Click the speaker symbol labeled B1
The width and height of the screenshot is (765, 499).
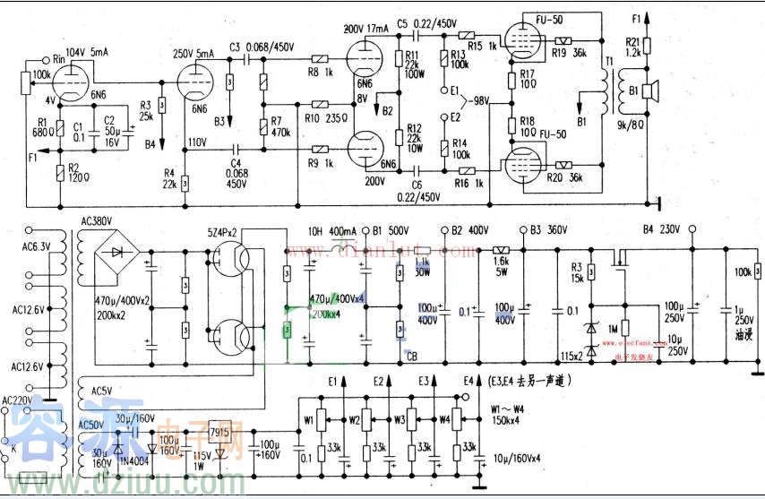point(651,90)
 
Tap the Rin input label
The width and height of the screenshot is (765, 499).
point(61,58)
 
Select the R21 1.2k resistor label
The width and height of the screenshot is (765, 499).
point(633,47)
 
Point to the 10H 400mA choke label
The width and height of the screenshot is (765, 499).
point(331,229)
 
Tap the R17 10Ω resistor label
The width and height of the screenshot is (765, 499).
point(527,80)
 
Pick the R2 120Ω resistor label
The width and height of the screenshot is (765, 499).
point(77,172)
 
